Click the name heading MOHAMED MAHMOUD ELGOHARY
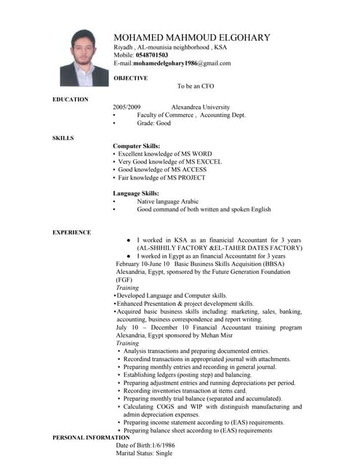point(192,38)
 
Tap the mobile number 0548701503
point(152,55)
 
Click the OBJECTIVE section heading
point(131,78)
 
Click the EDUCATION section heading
point(71,100)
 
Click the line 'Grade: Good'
point(153,124)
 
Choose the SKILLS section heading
point(63,138)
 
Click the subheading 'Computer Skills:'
point(137,146)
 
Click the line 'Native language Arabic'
point(167,201)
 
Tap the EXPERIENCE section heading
point(72,232)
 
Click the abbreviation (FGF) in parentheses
point(124,280)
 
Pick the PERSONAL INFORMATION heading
point(91,438)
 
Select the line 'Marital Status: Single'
point(144,453)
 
